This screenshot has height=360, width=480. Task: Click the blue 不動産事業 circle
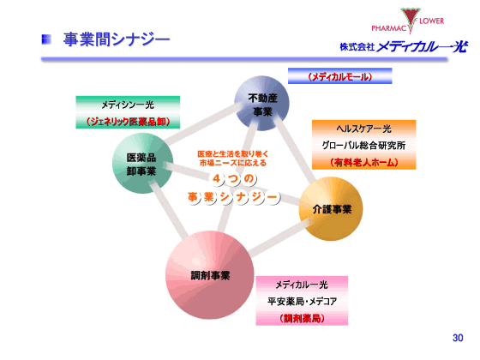pyautogui.click(x=261, y=104)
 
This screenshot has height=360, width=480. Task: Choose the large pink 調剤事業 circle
pyautogui.click(x=210, y=275)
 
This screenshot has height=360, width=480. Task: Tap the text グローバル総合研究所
pyautogui.click(x=363, y=143)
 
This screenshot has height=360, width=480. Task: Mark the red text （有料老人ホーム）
pyautogui.click(x=363, y=160)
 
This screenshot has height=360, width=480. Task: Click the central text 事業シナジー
pyautogui.click(x=234, y=198)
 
